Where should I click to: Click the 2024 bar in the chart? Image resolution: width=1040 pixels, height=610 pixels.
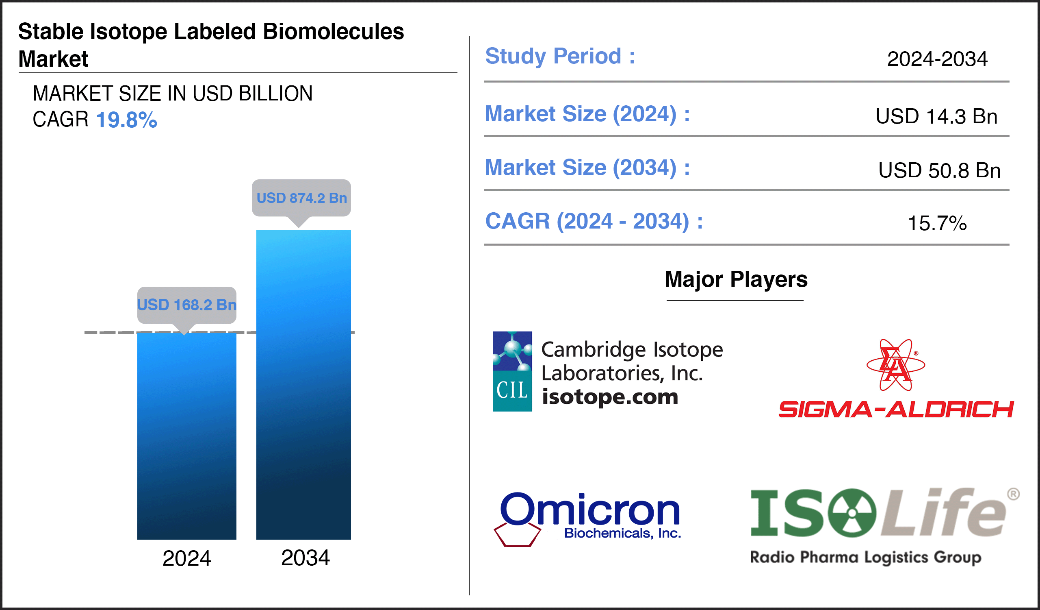coord(186,436)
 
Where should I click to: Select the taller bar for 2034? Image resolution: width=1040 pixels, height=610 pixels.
coord(303,384)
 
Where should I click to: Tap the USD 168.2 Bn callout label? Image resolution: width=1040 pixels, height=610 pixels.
coord(186,305)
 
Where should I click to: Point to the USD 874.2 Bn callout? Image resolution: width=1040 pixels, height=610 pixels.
coord(301,198)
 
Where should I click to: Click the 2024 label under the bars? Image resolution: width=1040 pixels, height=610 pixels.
coord(186,558)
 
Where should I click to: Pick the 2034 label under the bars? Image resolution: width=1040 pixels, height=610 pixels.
coord(305,558)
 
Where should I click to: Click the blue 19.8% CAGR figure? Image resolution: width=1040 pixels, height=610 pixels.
coord(126,120)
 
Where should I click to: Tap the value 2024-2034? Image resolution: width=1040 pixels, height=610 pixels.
coord(937,59)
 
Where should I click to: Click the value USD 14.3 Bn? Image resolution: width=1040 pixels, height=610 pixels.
coord(936,116)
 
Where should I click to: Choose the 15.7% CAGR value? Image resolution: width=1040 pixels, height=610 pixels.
coord(937,223)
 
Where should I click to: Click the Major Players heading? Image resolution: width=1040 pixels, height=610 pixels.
coord(735,279)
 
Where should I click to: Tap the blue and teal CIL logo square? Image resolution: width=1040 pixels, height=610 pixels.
coord(512,371)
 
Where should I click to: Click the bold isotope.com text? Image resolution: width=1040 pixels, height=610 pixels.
coord(609,397)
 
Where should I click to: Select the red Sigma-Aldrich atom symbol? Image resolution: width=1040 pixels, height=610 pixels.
coord(895,365)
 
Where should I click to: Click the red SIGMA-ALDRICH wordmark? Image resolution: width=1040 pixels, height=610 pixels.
coord(895,409)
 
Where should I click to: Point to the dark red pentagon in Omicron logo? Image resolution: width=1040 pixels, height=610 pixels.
coord(517,535)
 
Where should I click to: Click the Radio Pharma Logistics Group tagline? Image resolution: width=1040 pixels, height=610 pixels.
coord(865,557)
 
